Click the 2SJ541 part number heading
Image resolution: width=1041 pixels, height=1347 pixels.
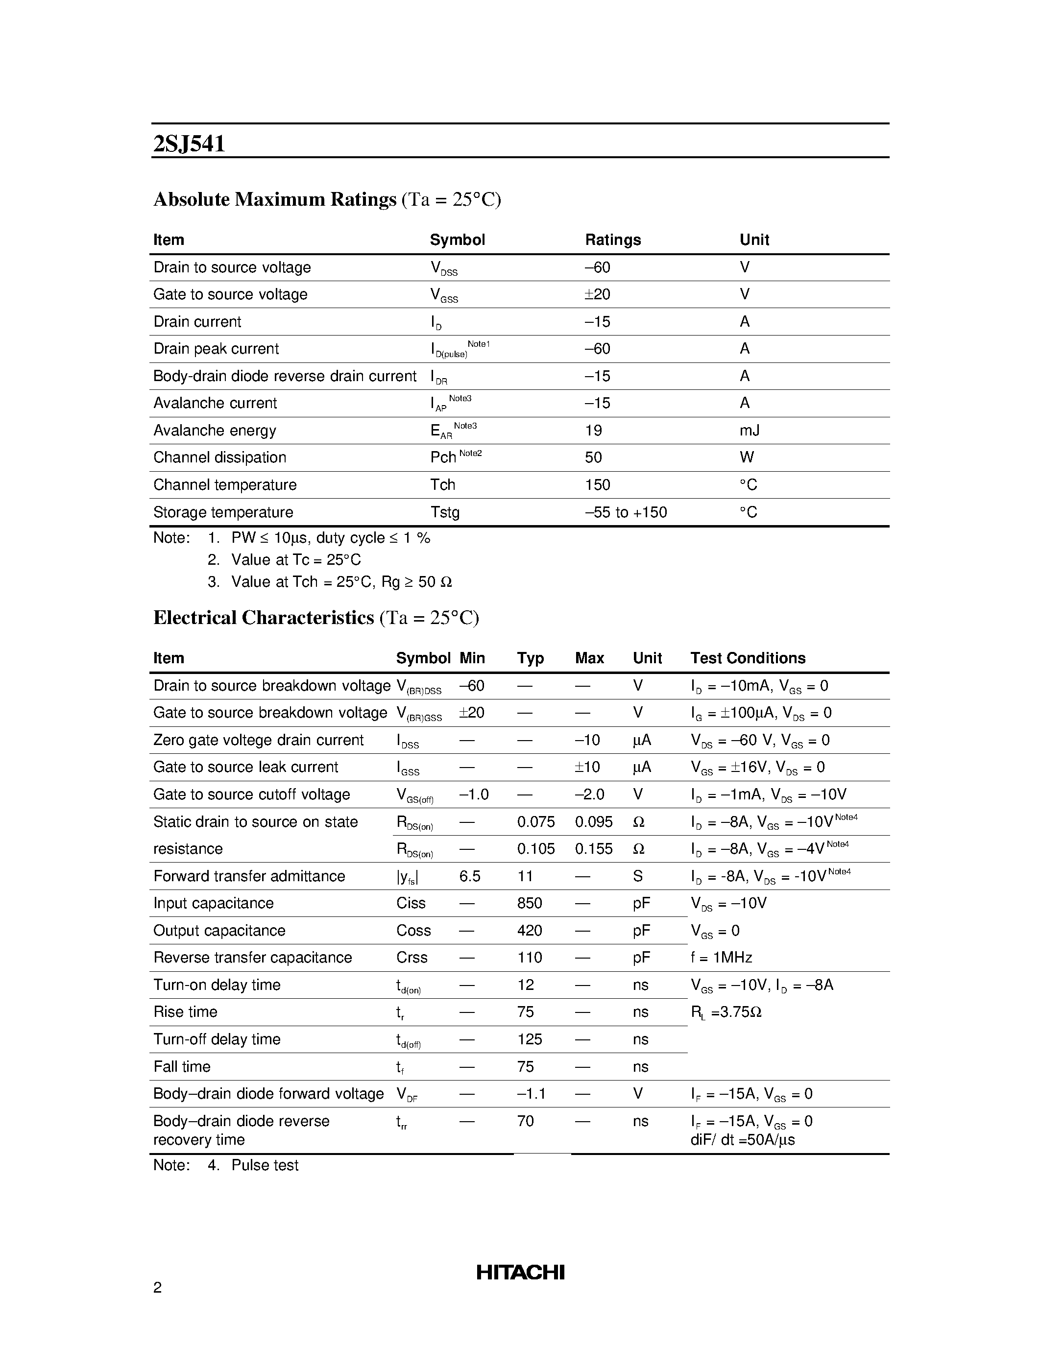coord(189,144)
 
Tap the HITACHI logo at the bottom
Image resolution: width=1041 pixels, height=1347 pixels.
coord(520,1273)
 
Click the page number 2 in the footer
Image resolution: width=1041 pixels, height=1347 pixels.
coord(157,1287)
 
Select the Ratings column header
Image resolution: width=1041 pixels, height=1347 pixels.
coord(612,240)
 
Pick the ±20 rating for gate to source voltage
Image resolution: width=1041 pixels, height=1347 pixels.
coord(597,294)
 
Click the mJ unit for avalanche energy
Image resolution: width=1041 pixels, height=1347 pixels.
coord(750,430)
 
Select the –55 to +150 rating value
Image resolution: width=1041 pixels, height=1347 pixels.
coord(626,512)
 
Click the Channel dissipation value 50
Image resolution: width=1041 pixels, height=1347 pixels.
coord(593,457)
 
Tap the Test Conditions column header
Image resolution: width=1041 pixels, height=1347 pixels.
coord(748,658)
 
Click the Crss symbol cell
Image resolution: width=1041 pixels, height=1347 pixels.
coord(412,957)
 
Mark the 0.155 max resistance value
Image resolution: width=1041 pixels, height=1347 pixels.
coord(593,849)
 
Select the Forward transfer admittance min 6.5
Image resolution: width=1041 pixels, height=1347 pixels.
coord(469,876)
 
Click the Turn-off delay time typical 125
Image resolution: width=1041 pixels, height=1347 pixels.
coord(529,1039)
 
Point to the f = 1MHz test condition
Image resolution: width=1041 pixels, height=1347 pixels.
coord(721,957)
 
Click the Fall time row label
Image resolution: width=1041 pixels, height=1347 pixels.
coord(181,1066)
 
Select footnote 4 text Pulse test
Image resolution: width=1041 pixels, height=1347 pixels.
coord(265,1165)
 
